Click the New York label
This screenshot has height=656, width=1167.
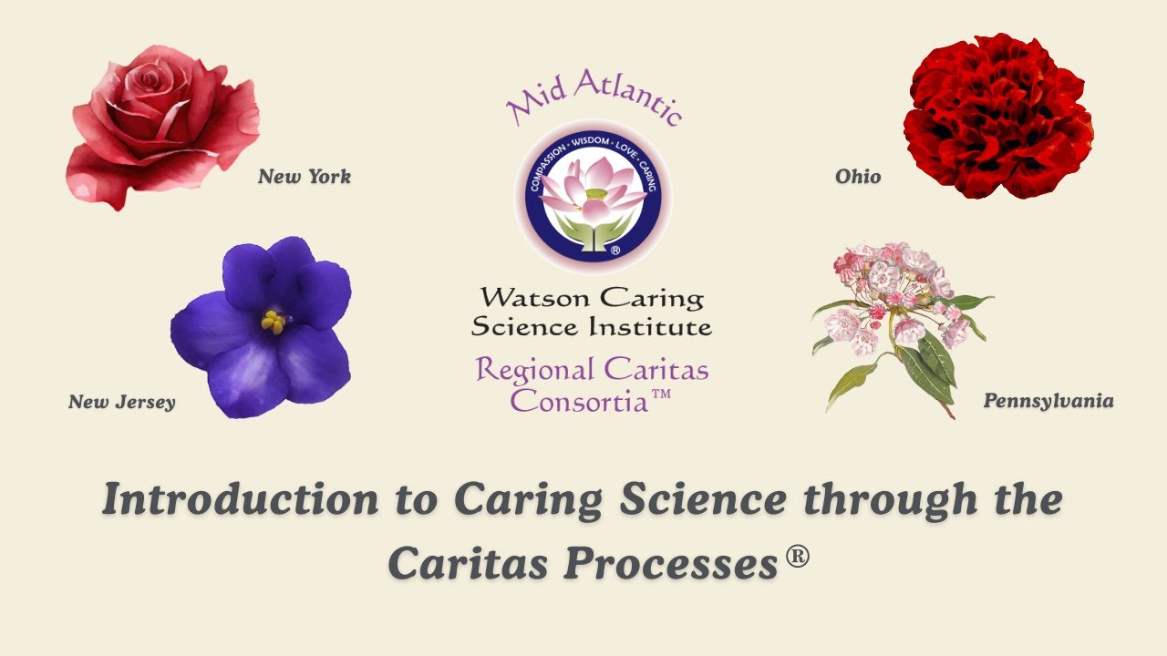(x=304, y=177)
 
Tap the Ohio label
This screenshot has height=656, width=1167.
(x=858, y=177)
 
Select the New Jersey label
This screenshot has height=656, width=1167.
(x=121, y=402)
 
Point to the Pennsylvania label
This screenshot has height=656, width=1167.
(x=1048, y=401)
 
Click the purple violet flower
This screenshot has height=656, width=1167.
(x=264, y=328)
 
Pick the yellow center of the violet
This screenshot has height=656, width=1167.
(x=273, y=321)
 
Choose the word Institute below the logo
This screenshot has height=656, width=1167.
(x=650, y=326)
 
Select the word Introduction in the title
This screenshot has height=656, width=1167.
(x=239, y=500)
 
